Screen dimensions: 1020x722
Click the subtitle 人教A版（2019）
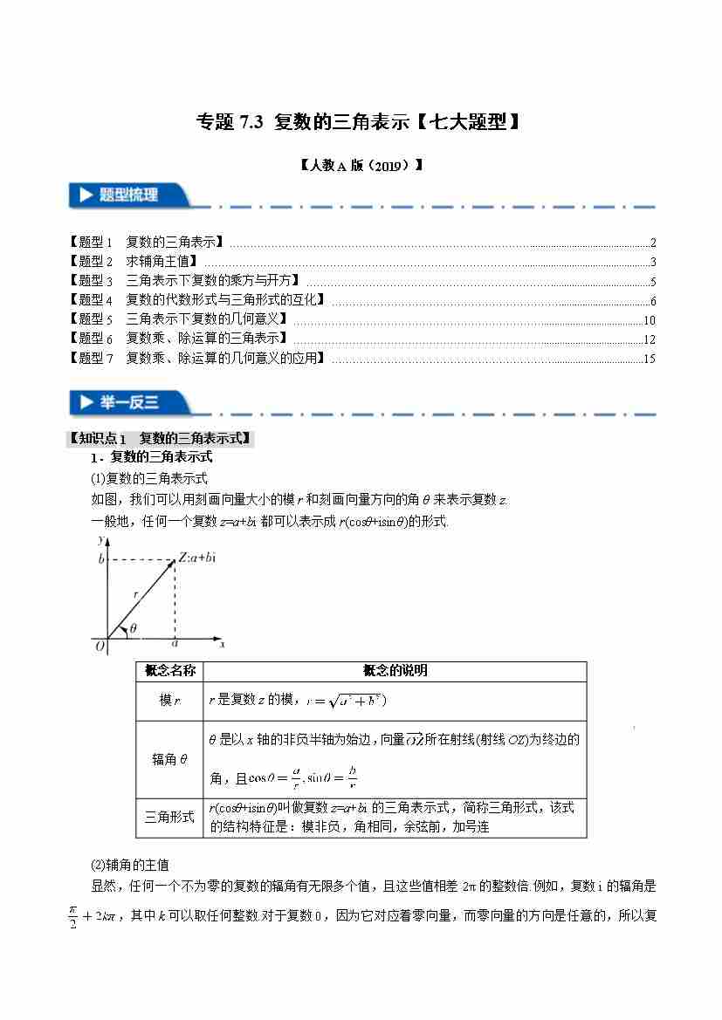point(361,164)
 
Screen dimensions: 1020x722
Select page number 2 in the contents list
point(652,243)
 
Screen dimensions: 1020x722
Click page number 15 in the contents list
point(648,359)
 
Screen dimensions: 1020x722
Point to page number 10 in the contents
point(648,320)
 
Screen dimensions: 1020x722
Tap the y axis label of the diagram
point(103,540)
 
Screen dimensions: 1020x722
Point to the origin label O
point(100,646)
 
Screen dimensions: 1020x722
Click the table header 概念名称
point(170,670)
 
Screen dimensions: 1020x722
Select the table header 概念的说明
point(395,670)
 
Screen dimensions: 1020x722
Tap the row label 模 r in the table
point(170,701)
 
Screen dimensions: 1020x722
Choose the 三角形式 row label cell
point(170,818)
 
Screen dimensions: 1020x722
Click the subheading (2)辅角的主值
point(129,865)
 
